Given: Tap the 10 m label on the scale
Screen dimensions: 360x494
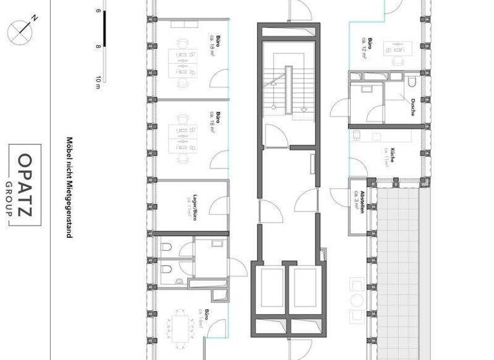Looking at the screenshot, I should [98, 82].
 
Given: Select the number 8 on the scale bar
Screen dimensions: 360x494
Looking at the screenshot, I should [98, 46].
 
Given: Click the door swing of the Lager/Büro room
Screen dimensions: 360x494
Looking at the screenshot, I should [218, 205].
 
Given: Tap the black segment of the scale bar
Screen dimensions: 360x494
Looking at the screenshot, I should [104, 29].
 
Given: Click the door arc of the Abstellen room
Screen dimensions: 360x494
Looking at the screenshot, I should [338, 197].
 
